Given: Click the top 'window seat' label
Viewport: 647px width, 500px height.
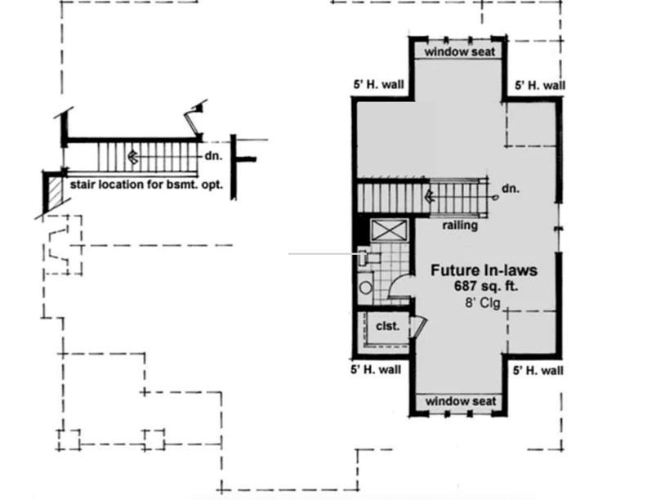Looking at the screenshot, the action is (459, 52).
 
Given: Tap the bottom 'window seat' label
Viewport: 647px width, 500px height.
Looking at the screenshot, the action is (461, 401).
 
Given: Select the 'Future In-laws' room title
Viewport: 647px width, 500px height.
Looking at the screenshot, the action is (484, 270).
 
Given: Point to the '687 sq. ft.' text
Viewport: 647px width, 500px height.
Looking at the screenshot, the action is (486, 286).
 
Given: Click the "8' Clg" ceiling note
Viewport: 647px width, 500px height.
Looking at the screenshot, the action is (483, 303).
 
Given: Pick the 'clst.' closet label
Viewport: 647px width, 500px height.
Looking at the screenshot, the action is (388, 326).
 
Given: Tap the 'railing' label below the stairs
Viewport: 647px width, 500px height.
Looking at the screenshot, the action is (460, 225).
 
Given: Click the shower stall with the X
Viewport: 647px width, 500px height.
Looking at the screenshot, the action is (389, 230).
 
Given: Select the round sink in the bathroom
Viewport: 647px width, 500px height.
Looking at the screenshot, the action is (365, 287).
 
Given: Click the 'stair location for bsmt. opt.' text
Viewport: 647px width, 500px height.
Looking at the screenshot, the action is (146, 185).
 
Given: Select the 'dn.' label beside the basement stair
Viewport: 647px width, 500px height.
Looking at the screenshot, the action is (213, 156).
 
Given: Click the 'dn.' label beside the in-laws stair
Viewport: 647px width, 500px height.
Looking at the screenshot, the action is (511, 189).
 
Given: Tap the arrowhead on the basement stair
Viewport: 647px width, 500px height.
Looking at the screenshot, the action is (133, 157).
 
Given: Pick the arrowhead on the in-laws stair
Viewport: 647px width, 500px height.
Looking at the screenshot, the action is (430, 196).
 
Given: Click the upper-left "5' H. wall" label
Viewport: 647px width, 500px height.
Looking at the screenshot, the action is (378, 85).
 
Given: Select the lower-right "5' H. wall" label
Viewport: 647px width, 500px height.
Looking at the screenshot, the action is (538, 371).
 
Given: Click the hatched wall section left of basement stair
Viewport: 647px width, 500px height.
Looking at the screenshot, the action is (55, 192).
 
